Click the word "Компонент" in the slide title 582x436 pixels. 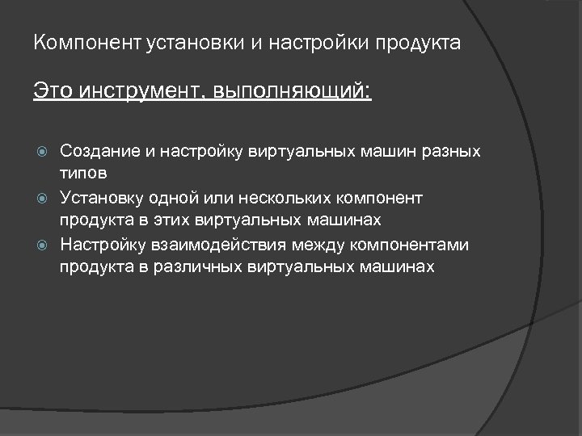pos(88,42)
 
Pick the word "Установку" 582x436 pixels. pos(99,198)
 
